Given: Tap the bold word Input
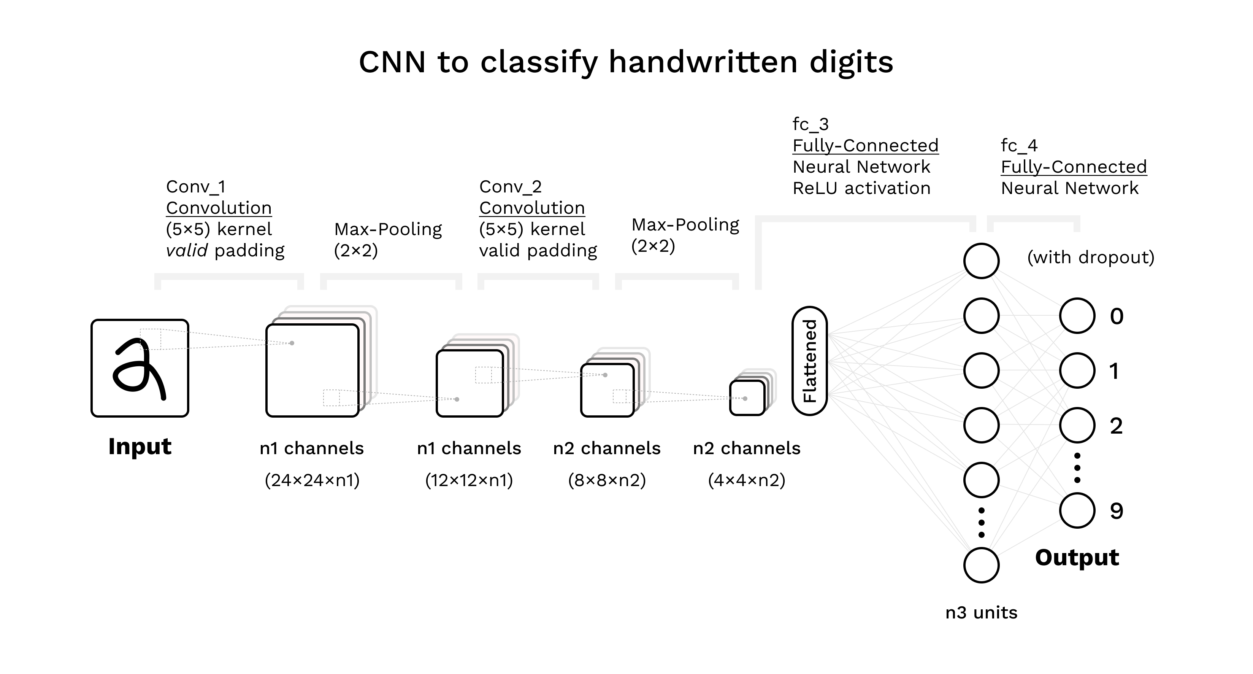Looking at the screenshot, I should click(140, 446).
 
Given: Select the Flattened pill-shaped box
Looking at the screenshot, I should click(809, 361).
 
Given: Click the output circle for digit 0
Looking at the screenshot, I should click(1077, 316).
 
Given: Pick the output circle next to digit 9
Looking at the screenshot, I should click(1077, 510).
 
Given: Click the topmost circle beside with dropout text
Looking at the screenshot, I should click(981, 261).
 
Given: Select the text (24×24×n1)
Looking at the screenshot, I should click(312, 480).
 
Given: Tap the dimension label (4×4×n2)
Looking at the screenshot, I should click(747, 480).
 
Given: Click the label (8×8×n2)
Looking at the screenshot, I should click(607, 480).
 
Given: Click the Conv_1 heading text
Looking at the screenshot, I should click(195, 186).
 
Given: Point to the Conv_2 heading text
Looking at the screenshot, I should click(510, 186).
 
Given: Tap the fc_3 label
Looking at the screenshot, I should click(810, 125).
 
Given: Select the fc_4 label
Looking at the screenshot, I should click(1019, 146).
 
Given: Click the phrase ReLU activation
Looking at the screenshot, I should click(861, 188).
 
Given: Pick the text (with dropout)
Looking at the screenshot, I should click(1091, 258).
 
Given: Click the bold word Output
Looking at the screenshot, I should click(1077, 557).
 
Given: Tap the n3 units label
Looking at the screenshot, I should click(981, 612).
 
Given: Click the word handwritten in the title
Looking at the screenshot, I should click(703, 62).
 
